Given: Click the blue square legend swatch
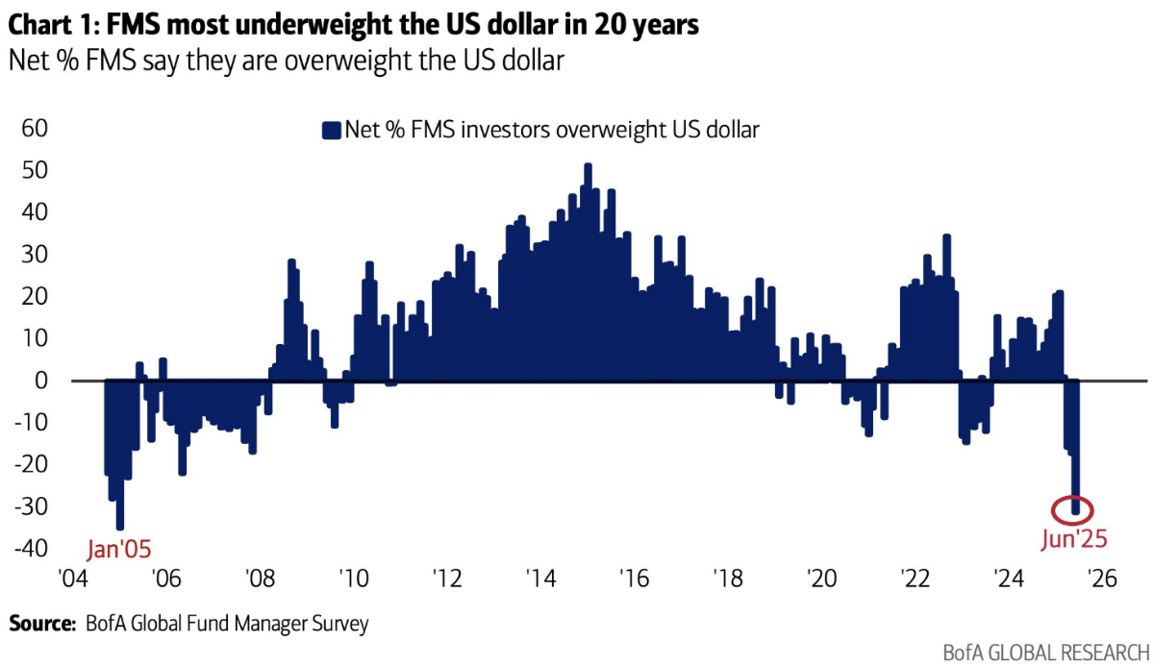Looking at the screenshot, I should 332,131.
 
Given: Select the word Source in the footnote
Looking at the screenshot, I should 40,625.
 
